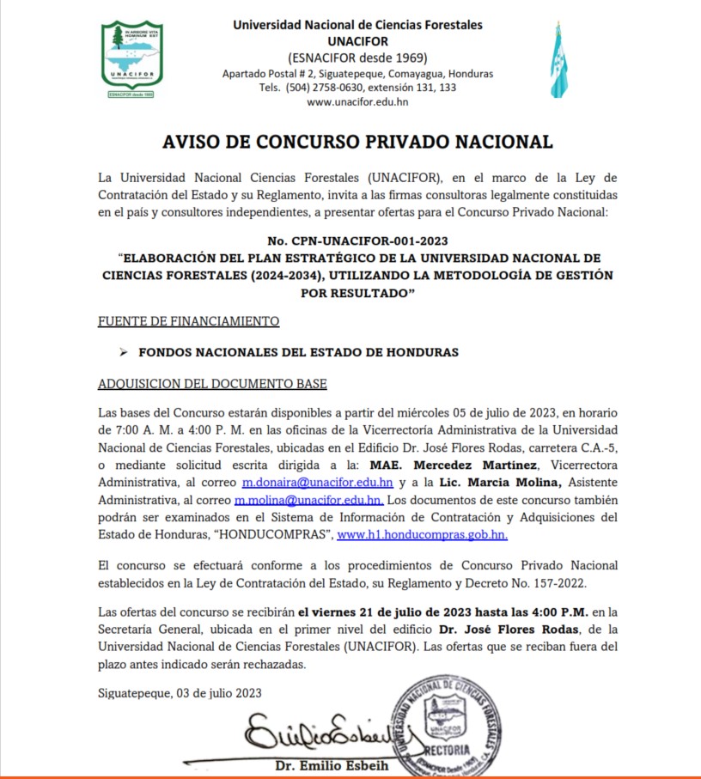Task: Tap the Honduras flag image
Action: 558,59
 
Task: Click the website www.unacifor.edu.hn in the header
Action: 357,101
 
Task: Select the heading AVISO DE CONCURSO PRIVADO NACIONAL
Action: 357,142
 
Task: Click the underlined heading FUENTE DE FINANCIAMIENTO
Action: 189,321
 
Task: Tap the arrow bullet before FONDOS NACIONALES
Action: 123,352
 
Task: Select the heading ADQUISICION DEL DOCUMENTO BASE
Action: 212,383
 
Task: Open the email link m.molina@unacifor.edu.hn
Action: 309,500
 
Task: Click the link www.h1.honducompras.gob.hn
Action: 422,533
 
